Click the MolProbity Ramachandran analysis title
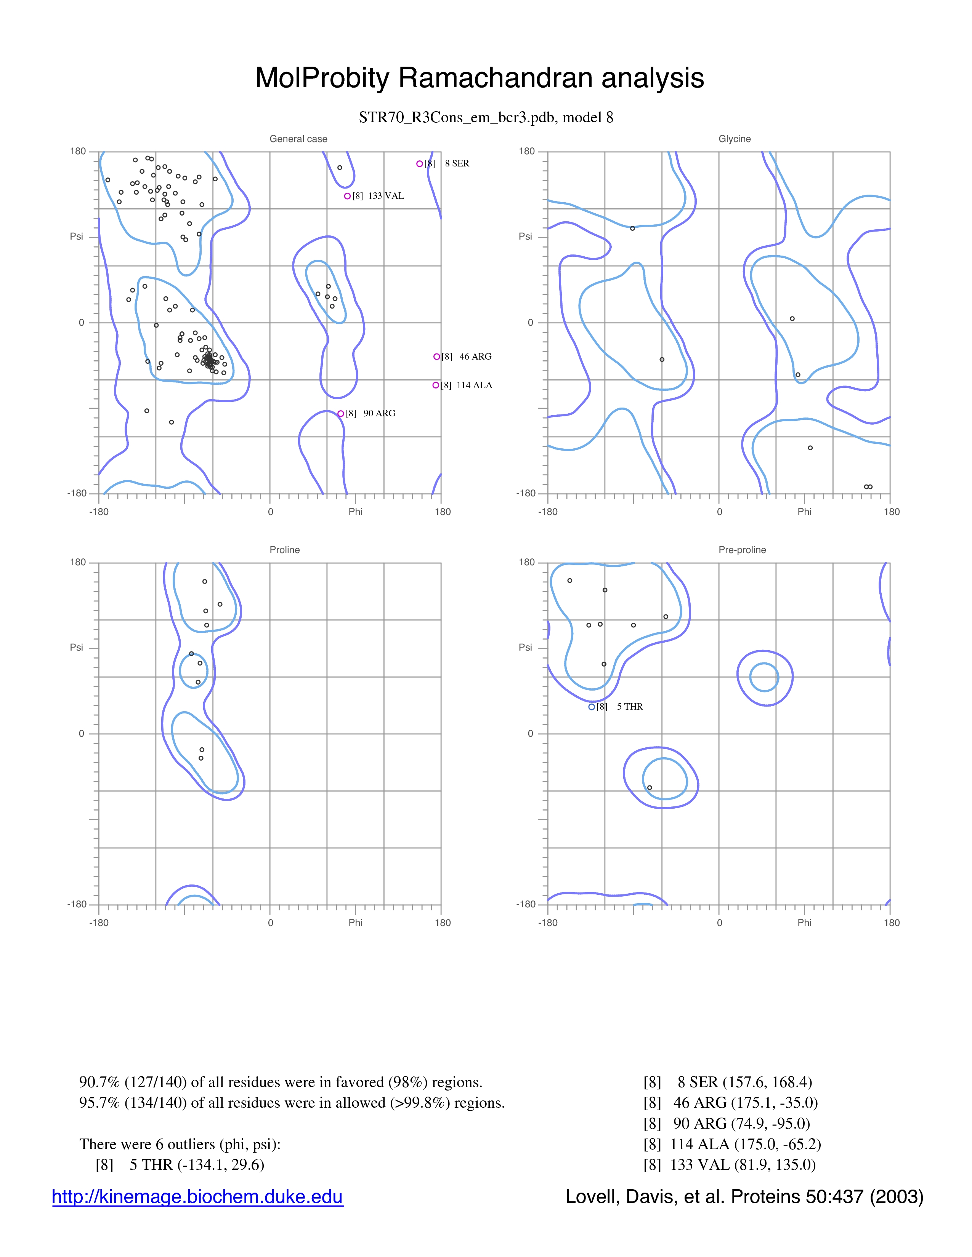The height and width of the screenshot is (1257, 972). click(x=479, y=78)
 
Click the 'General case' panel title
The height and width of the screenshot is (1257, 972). click(x=298, y=139)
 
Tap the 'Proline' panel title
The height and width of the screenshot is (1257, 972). click(x=284, y=550)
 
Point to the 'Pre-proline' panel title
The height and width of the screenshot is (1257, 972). click(x=742, y=550)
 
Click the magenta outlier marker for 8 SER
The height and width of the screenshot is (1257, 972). click(x=419, y=163)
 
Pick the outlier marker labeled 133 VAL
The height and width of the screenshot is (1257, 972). click(x=347, y=196)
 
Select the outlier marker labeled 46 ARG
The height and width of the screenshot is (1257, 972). click(x=436, y=356)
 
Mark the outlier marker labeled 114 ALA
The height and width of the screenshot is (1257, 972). click(x=436, y=385)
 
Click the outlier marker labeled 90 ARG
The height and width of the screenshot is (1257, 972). click(x=340, y=413)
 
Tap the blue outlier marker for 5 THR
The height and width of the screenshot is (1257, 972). click(x=591, y=707)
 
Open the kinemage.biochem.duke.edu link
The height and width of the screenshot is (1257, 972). click(x=197, y=1196)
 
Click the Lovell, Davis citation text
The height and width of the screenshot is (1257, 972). click(x=744, y=1196)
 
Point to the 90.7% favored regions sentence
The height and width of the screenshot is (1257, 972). click(x=281, y=1082)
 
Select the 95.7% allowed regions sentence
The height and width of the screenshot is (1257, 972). click(x=292, y=1103)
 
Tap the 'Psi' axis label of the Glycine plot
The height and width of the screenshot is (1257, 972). click(x=525, y=236)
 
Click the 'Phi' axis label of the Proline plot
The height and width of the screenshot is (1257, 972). click(x=355, y=923)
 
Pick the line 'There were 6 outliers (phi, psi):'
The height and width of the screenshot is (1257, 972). click(x=180, y=1144)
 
